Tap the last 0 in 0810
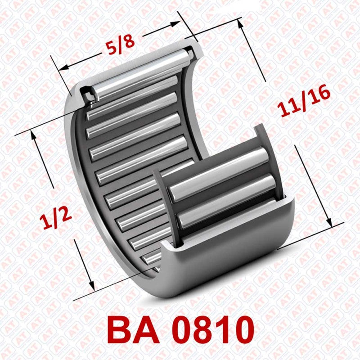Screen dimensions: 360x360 (x=250, y=330)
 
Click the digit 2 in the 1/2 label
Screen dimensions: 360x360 (x=66, y=216)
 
